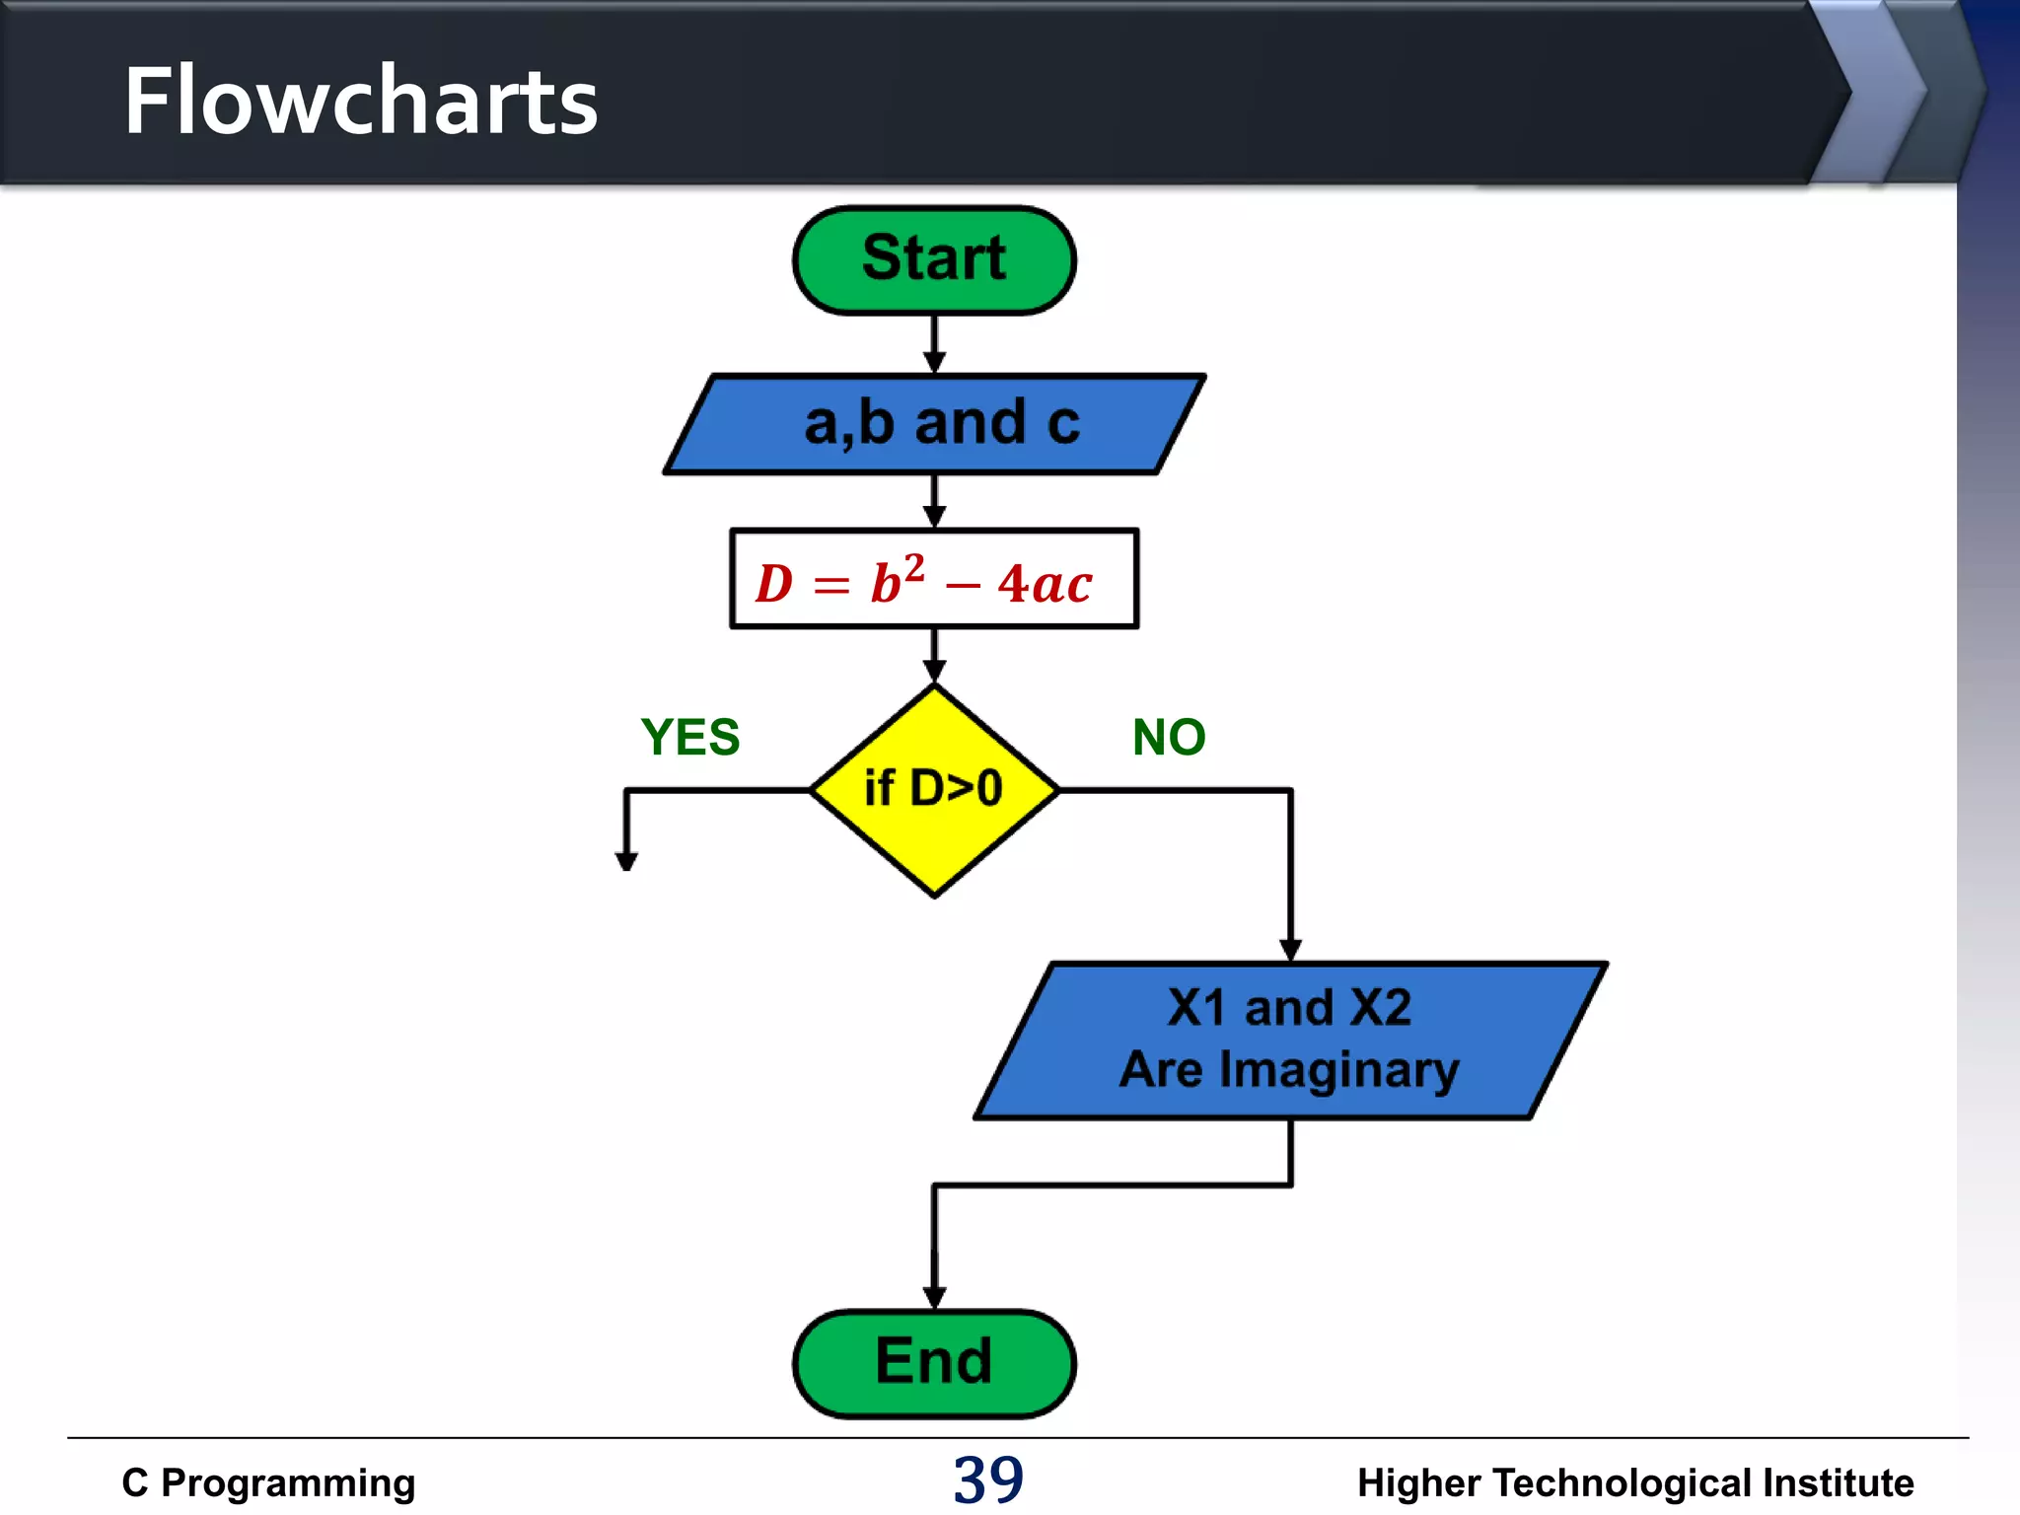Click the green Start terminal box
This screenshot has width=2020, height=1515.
tap(934, 260)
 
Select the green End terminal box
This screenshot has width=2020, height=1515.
tap(934, 1363)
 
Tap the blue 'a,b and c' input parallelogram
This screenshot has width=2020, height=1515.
tap(934, 424)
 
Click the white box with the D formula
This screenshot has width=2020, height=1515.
tap(934, 579)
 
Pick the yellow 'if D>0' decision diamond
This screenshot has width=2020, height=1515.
tap(934, 790)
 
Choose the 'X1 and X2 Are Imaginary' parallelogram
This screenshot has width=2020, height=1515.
tap(1290, 1041)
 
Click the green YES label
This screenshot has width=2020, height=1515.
tap(690, 737)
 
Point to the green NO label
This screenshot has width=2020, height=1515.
tap(1169, 737)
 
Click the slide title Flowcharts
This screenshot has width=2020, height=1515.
tap(361, 101)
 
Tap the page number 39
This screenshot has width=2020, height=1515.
tap(988, 1479)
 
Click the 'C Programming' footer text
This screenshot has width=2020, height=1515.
tap(268, 1482)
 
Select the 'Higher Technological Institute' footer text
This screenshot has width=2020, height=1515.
tap(1634, 1482)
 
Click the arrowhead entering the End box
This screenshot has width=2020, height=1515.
tap(934, 1297)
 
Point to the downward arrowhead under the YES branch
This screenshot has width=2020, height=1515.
tap(626, 860)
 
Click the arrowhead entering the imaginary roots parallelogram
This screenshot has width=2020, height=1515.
tap(1290, 950)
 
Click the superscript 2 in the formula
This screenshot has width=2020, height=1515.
tap(914, 567)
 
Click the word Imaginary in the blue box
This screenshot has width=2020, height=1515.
tap(1338, 1070)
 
